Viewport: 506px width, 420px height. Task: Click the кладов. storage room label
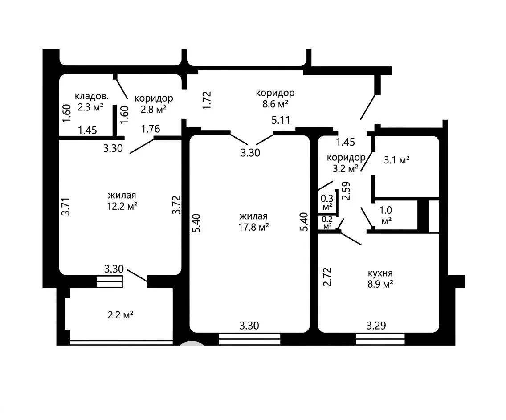(x=92, y=96)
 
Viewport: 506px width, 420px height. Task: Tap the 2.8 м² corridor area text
(x=154, y=110)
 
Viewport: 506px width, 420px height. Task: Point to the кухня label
(x=380, y=273)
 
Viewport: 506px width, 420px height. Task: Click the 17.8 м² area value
(x=253, y=228)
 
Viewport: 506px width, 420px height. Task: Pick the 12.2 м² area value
(x=122, y=206)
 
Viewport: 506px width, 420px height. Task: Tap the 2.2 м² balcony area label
(x=121, y=315)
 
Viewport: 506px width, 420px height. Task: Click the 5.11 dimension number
(x=281, y=120)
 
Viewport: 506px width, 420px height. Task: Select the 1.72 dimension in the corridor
(x=207, y=100)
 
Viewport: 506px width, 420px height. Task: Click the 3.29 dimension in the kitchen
(x=376, y=326)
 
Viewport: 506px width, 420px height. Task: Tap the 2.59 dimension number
(x=346, y=191)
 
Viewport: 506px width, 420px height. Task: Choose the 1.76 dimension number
(x=151, y=129)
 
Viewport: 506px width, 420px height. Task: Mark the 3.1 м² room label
(x=396, y=160)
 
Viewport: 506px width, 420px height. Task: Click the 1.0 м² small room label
(x=386, y=216)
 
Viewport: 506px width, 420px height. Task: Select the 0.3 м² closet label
(x=327, y=202)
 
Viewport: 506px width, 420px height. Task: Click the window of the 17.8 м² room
(x=249, y=339)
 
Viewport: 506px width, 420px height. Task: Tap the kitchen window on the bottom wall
(x=380, y=339)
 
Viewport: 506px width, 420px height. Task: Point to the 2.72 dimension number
(x=327, y=277)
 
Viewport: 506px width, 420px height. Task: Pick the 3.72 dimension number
(x=176, y=205)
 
